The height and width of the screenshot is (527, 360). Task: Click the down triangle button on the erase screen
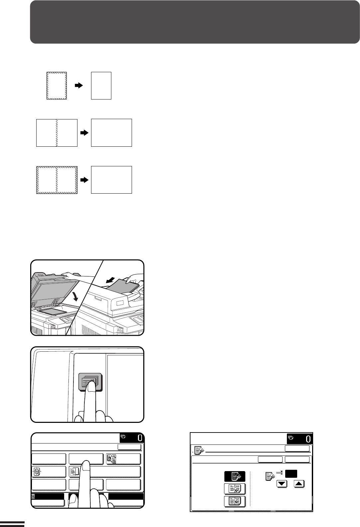pos(282,484)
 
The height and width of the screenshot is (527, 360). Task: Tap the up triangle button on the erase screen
pos(299,484)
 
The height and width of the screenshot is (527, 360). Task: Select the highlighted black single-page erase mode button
pos(235,476)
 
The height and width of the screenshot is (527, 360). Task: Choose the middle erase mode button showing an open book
pos(235,489)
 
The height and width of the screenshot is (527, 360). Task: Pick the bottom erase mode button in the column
pos(235,501)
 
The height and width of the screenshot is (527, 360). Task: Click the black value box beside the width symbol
pos(291,473)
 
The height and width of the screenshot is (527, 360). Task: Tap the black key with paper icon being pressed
pos(90,382)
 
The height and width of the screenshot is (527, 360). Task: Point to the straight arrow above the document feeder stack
pos(111,280)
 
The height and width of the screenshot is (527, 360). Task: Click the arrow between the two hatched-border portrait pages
pos(79,86)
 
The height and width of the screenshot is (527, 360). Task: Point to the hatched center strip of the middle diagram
pos(57,133)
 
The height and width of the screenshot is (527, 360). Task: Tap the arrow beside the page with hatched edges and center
pos(84,180)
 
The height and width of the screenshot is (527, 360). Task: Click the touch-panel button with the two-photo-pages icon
pos(123,459)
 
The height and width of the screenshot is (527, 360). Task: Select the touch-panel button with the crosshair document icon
pos(49,471)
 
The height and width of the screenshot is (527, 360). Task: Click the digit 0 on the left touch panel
pos(140,438)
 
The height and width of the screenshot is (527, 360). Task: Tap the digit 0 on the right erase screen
pos(308,439)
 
